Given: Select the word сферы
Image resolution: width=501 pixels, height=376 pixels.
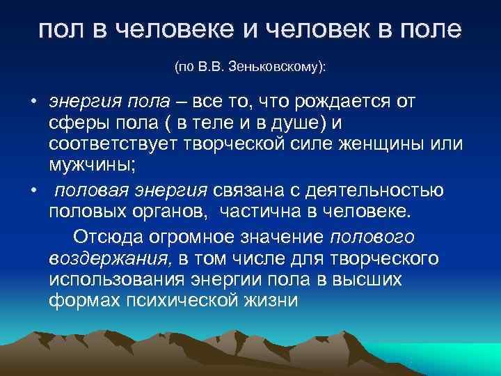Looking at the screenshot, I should point(74,124).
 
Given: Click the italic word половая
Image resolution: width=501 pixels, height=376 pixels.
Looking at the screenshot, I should point(86,190).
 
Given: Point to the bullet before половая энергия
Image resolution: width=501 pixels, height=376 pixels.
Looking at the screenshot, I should point(33,190).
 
